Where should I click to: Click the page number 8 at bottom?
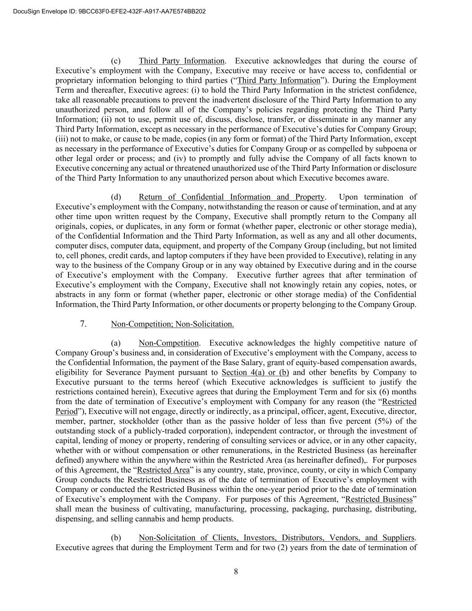coord(236,571)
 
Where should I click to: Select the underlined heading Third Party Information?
coord(181,61)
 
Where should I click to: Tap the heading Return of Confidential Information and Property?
coord(231,197)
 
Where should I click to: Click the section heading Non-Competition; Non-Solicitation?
coord(172,324)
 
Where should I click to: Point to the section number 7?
coord(84,324)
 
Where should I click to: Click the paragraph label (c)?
coord(116,61)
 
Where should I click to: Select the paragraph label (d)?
coord(116,197)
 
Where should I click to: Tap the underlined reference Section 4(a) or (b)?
coord(255,372)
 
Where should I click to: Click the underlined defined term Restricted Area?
coord(161,470)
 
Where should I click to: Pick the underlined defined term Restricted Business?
coord(379,499)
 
